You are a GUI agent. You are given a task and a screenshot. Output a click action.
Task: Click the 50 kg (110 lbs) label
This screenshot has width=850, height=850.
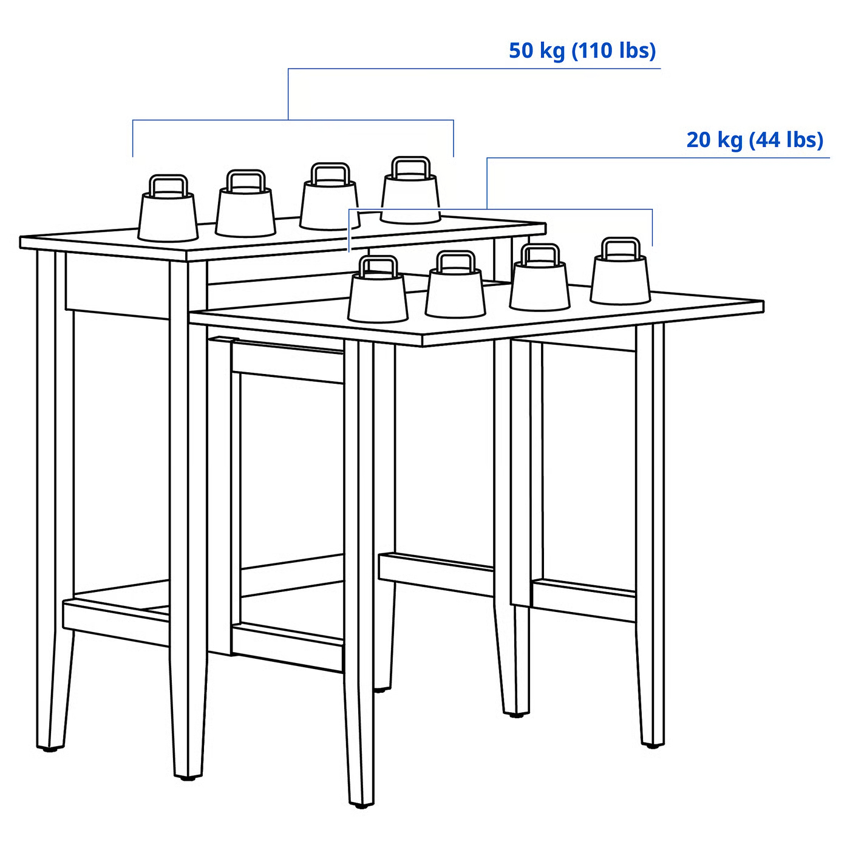pos(582,51)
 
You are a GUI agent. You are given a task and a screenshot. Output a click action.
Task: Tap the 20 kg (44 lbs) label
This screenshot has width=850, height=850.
pos(755,140)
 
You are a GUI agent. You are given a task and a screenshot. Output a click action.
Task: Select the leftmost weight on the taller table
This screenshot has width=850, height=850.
pos(168,209)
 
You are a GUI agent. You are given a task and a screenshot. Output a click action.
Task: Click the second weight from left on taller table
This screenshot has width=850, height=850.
pos(245,204)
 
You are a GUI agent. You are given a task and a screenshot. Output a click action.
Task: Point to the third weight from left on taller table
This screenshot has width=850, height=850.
pos(330,197)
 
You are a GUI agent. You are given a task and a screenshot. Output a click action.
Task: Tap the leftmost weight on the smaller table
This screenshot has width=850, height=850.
pos(378,290)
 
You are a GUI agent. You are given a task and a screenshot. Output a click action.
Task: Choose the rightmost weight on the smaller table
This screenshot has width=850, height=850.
pos(620,271)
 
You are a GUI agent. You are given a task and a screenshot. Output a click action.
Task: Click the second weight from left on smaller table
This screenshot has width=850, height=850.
pos(455,285)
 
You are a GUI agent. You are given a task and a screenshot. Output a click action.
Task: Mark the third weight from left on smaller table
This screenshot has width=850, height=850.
pos(540,277)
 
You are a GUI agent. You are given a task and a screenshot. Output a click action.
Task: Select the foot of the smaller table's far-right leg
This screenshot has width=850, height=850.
pos(652,744)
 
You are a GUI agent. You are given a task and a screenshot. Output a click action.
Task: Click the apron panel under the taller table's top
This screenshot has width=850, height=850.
pos(117,286)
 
